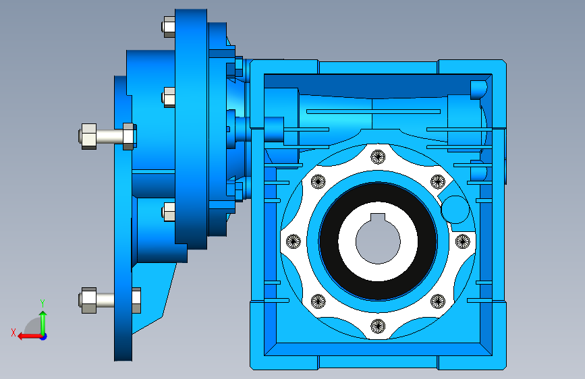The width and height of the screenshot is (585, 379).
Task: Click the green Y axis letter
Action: [x=43, y=303]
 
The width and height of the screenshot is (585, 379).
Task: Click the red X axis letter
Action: [x=13, y=332]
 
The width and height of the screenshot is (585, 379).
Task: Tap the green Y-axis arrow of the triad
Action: [x=43, y=323]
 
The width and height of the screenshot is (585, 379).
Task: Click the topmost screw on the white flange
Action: [x=378, y=156]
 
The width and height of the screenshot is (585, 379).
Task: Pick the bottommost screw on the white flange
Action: [x=378, y=326]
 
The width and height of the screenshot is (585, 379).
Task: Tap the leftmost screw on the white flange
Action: [x=294, y=241]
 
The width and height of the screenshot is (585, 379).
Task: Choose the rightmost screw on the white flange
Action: [x=463, y=241]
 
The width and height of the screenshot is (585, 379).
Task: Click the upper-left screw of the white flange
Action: [x=318, y=181]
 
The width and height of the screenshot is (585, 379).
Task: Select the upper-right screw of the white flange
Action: [x=438, y=181]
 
